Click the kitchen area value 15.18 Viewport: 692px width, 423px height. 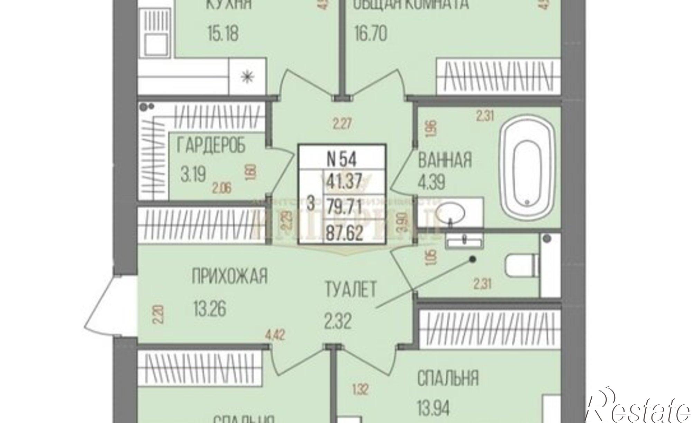click(223, 34)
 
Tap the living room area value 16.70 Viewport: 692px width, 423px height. click(370, 34)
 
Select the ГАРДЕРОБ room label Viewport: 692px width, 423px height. click(211, 145)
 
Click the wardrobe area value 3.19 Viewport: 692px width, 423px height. click(193, 174)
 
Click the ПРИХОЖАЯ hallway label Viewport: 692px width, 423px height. click(230, 277)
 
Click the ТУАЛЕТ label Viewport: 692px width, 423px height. click(350, 289)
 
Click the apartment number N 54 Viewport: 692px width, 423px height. click(342, 160)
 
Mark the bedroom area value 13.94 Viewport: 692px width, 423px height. click(434, 407)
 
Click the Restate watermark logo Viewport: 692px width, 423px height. click(638, 408)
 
